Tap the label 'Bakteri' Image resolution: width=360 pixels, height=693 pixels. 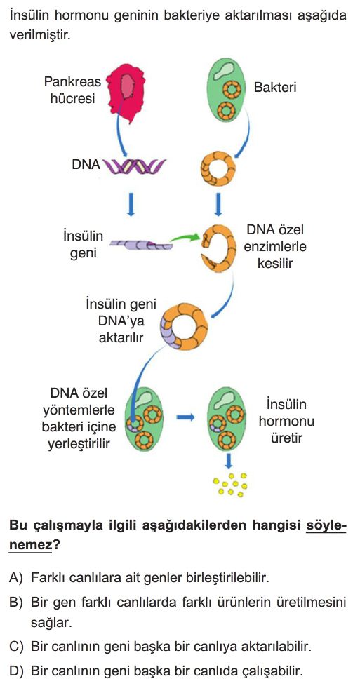(x=274, y=87)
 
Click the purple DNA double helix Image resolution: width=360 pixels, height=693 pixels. (x=134, y=166)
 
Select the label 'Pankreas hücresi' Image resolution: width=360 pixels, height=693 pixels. (x=72, y=90)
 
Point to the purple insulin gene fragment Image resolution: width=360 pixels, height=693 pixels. (x=141, y=243)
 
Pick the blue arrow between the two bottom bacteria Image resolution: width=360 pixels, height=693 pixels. (x=186, y=417)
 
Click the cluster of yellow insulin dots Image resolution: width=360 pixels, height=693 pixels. (x=230, y=485)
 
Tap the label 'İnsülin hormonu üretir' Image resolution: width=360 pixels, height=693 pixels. (x=286, y=421)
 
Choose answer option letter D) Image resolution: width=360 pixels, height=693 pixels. (x=15, y=671)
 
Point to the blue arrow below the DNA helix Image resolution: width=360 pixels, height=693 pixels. (x=131, y=203)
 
